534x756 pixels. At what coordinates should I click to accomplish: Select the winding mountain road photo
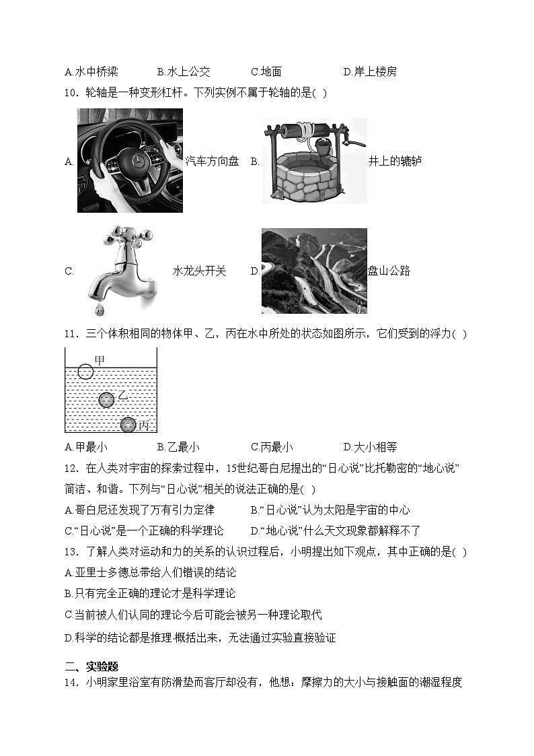pos(314,271)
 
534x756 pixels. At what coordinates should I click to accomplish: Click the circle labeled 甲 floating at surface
pos(85,370)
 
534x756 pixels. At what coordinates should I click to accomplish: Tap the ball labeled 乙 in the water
pos(107,401)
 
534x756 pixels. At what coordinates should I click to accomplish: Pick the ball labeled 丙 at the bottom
pos(128,425)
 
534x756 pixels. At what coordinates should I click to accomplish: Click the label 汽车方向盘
pos(212,162)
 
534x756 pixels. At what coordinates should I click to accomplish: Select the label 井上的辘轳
pos(395,162)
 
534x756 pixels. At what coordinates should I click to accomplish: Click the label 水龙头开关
pos(200,271)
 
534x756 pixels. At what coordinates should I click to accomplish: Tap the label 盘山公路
pos(389,271)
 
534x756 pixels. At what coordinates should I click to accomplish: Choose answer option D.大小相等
pos(370,447)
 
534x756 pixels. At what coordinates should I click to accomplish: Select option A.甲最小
pos(86,447)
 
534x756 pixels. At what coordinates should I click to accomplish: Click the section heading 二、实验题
pos(91,666)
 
